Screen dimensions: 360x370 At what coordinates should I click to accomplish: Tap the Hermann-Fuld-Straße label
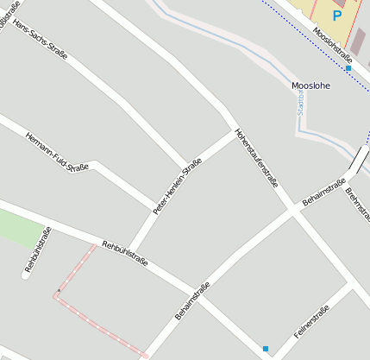point(57,152)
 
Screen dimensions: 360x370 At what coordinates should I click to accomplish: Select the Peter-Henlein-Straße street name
point(177,186)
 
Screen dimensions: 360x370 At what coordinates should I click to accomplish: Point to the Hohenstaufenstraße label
point(258,159)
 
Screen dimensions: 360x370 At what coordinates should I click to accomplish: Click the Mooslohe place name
point(312,86)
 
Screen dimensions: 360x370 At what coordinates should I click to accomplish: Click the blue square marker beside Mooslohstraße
point(348,67)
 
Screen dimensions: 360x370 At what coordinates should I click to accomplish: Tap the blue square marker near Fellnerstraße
point(266,349)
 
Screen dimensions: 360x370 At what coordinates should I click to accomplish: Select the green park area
point(19,229)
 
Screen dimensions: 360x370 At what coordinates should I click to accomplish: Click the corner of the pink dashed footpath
point(57,295)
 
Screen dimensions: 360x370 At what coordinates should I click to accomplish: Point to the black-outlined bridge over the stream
point(356,160)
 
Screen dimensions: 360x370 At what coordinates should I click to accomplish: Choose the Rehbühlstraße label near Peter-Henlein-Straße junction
point(126,253)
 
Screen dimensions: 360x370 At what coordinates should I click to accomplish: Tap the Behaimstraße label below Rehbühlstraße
point(192,306)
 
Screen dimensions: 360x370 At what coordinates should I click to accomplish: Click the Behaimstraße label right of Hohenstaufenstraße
point(323,193)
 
